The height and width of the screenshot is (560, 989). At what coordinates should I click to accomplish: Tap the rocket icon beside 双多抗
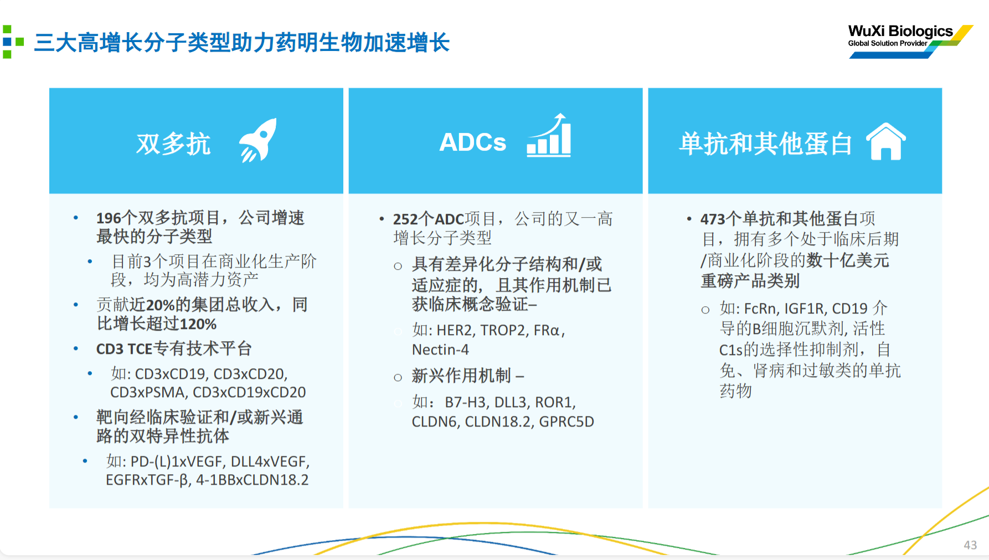click(x=258, y=140)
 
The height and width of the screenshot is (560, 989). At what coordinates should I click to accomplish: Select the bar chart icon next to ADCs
click(x=549, y=136)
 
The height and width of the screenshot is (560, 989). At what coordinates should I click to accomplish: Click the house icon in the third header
click(x=886, y=141)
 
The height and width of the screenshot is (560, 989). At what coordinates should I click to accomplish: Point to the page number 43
click(x=970, y=545)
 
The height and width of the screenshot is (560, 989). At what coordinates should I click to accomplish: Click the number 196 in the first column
click(x=109, y=218)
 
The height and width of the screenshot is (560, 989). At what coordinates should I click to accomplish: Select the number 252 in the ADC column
click(x=405, y=219)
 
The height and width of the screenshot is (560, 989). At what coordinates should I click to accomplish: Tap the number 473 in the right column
click(x=713, y=219)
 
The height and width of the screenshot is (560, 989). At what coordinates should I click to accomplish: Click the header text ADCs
click(x=473, y=142)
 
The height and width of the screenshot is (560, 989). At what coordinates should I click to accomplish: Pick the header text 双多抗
click(x=173, y=144)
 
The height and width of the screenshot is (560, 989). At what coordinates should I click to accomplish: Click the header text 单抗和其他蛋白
click(x=766, y=143)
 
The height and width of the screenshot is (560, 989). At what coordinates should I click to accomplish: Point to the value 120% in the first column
click(x=198, y=324)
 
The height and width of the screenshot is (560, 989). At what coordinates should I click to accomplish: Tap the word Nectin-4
click(x=440, y=350)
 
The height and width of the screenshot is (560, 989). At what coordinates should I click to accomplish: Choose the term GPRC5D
click(x=566, y=422)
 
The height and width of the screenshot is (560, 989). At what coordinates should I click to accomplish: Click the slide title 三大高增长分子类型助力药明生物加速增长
click(x=242, y=43)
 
